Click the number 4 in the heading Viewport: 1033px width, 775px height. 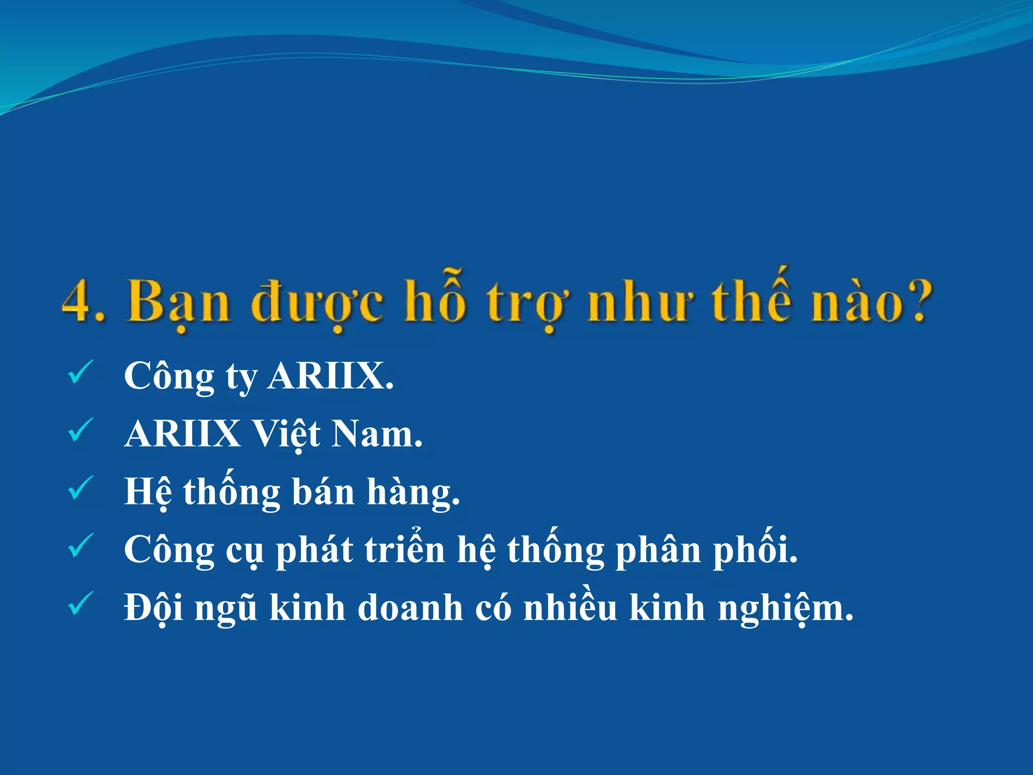pos(77,301)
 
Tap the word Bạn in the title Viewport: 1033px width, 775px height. pos(178,301)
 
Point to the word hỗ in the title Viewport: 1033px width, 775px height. pos(436,299)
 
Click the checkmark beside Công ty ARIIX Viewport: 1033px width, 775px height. pos(80,372)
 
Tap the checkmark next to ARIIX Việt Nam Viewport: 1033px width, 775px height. pos(80,430)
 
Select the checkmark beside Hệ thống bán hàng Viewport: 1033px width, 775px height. pos(80,488)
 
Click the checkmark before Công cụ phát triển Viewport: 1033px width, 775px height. pos(80,546)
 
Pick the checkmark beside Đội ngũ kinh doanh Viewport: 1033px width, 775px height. pos(80,603)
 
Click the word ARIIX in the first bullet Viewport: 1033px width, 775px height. pos(330,376)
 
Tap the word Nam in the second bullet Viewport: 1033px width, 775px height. pos(376,434)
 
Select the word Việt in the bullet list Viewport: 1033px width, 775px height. pos(285,434)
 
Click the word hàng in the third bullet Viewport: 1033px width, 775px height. pos(413,492)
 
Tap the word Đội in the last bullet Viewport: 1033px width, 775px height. pos(154,607)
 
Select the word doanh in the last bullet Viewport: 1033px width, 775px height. pos(410,607)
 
